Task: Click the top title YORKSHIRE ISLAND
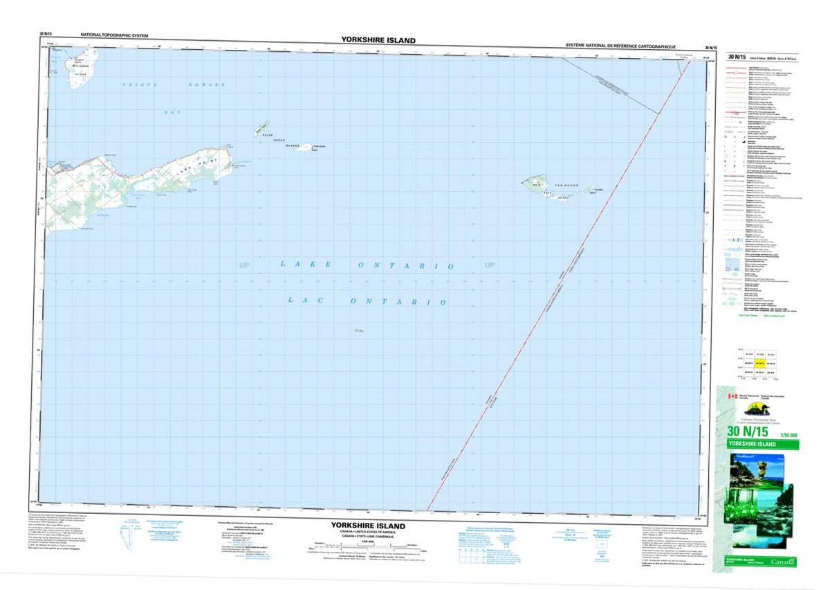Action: (378, 40)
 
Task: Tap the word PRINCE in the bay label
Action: (140, 84)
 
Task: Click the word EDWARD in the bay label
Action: (208, 84)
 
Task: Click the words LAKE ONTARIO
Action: (367, 265)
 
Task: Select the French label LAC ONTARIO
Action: (367, 301)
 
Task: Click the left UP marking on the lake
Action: (243, 265)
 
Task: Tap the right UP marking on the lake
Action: (490, 265)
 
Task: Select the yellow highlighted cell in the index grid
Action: (759, 363)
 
